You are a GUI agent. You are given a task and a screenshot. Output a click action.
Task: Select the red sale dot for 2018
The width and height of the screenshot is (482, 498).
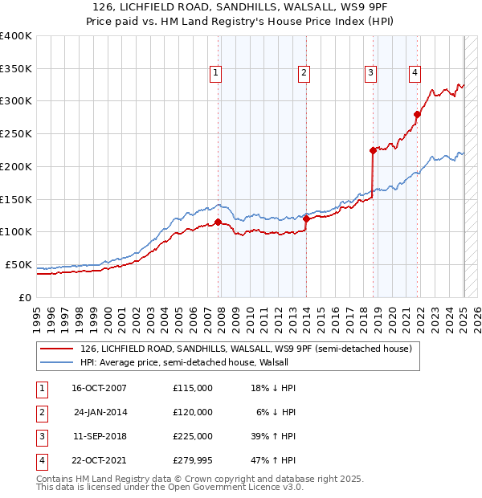[373, 150]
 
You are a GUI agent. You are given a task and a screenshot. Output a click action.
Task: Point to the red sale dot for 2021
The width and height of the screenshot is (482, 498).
[417, 114]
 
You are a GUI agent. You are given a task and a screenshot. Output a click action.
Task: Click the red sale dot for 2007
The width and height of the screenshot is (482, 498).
[219, 222]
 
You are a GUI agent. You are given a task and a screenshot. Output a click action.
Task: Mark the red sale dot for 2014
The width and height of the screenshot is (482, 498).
[307, 218]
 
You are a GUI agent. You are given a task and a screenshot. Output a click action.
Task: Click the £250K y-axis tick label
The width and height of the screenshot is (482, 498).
[16, 134]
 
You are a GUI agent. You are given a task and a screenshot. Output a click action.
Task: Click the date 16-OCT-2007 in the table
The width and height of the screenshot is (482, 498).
[99, 388]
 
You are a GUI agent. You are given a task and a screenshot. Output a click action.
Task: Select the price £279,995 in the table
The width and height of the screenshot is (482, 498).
[193, 460]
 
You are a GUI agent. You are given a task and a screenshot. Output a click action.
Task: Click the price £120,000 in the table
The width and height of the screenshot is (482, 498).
[193, 412]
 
